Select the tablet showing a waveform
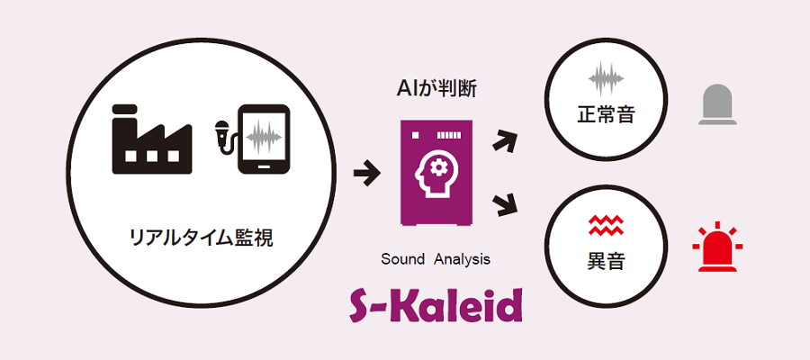click(263, 139)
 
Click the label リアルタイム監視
click(201, 238)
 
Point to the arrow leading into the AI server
click(367, 174)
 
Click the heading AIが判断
click(436, 89)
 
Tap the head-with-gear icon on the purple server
click(436, 175)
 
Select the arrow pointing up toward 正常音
click(504, 140)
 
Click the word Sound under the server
click(402, 259)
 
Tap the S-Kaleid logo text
click(436, 306)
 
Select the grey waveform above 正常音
click(606, 78)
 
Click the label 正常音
click(606, 114)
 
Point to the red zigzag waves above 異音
click(606, 226)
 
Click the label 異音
click(606, 261)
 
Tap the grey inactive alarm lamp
click(717, 104)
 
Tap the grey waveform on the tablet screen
click(264, 138)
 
